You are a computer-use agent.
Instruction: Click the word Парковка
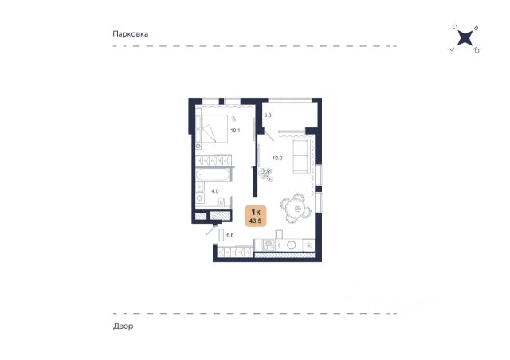131,33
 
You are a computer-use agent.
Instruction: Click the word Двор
124,327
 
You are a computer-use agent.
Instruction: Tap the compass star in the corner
465,38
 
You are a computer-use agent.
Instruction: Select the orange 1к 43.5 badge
256,216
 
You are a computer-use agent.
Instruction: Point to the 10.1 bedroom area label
235,131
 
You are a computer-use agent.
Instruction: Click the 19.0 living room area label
277,158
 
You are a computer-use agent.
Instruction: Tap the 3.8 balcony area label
268,115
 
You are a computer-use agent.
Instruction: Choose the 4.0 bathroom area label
215,191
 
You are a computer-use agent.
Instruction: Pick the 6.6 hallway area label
230,235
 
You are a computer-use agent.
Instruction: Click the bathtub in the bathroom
214,175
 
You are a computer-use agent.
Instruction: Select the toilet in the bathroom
222,202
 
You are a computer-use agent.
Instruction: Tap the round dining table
297,209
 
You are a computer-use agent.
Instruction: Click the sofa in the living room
301,156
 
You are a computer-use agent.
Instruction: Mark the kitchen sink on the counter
269,245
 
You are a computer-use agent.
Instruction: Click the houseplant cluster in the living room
266,174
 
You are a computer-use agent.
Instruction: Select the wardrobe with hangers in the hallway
236,252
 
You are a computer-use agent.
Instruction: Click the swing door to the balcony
269,135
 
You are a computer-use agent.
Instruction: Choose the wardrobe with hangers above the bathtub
214,161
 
